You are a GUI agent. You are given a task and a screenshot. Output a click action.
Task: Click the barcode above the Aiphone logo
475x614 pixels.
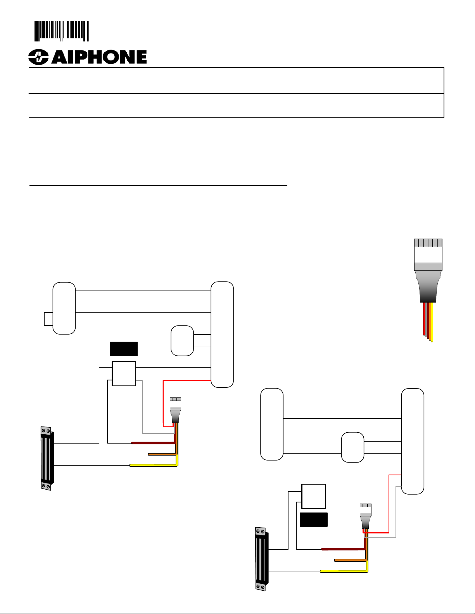click(x=61, y=31)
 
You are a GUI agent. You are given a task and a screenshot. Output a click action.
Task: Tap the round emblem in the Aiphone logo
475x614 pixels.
click(x=38, y=57)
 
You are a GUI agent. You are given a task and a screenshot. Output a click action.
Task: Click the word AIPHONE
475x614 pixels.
click(x=99, y=57)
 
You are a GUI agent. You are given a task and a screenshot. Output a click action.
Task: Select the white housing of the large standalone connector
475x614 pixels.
click(x=428, y=255)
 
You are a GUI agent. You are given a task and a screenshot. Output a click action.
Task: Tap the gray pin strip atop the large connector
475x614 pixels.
click(x=428, y=243)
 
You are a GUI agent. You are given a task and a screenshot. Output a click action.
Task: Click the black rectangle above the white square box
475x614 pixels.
click(x=124, y=349)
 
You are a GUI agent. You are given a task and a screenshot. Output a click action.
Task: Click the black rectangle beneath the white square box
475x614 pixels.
click(x=314, y=519)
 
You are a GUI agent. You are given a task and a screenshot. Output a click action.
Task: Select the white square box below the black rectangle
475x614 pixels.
click(x=124, y=373)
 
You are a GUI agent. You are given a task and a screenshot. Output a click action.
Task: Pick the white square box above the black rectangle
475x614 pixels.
click(x=314, y=497)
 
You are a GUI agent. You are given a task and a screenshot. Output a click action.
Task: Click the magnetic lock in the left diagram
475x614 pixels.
click(x=47, y=458)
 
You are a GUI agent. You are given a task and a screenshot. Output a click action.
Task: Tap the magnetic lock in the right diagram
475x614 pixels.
click(x=261, y=559)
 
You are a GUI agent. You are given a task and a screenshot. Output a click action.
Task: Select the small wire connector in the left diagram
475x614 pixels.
click(x=175, y=410)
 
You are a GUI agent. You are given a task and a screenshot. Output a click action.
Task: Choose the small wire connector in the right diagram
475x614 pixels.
click(x=366, y=516)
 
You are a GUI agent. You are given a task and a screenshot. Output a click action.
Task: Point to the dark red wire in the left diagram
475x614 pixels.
click(x=153, y=443)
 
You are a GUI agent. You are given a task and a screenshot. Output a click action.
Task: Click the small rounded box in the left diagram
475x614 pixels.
click(x=182, y=341)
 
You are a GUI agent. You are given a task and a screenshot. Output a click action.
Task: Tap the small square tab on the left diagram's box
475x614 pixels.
click(x=48, y=319)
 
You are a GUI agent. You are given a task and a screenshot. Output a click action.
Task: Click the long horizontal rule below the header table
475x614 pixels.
click(x=158, y=186)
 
